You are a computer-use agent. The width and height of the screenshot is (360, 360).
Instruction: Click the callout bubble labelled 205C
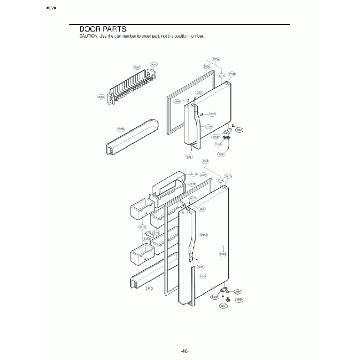101,96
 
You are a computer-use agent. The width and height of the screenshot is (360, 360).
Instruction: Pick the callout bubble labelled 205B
121,129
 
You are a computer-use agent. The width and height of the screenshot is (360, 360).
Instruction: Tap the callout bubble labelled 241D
149,289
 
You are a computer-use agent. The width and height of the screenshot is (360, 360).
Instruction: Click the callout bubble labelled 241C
142,227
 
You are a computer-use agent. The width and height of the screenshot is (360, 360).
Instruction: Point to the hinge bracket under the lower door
224,290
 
